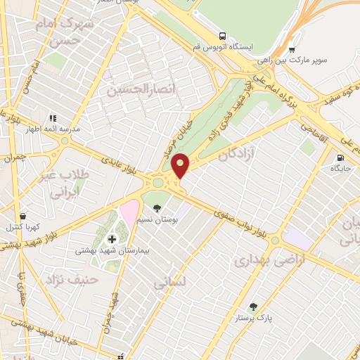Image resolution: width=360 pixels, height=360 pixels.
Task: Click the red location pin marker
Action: pyautogui.click(x=181, y=166)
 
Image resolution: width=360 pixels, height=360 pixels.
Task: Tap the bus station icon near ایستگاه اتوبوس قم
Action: pyautogui.click(x=222, y=36)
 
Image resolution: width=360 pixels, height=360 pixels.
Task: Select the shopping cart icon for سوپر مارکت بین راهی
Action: pyautogui.click(x=292, y=50)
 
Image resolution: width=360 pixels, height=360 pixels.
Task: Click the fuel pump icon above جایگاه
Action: pyautogui.click(x=341, y=158)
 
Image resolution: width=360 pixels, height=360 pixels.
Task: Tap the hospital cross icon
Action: pyautogui.click(x=112, y=240)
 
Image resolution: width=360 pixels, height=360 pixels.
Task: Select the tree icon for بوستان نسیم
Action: pyautogui.click(x=157, y=208)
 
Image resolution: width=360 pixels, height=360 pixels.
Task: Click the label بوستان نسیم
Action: pyautogui.click(x=162, y=220)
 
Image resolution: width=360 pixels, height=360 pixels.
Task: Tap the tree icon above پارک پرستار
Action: pyautogui.click(x=253, y=307)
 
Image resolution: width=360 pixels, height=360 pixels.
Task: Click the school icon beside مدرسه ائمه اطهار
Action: pyautogui.click(x=52, y=119)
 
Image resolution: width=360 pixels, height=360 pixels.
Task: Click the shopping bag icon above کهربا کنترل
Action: pyautogui.click(x=24, y=216)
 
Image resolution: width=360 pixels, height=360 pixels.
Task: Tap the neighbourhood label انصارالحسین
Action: pyautogui.click(x=129, y=89)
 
